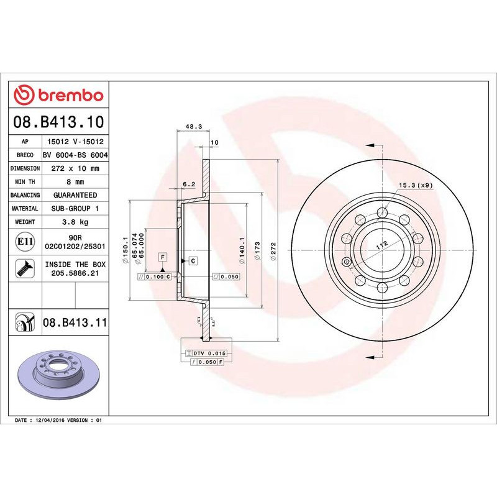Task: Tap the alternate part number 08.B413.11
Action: tap(75, 323)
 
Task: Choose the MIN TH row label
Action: tap(25, 182)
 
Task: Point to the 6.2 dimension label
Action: tap(189, 184)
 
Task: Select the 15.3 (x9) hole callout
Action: tap(416, 185)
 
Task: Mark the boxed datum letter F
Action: tap(162, 257)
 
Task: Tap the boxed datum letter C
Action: tap(193, 261)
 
